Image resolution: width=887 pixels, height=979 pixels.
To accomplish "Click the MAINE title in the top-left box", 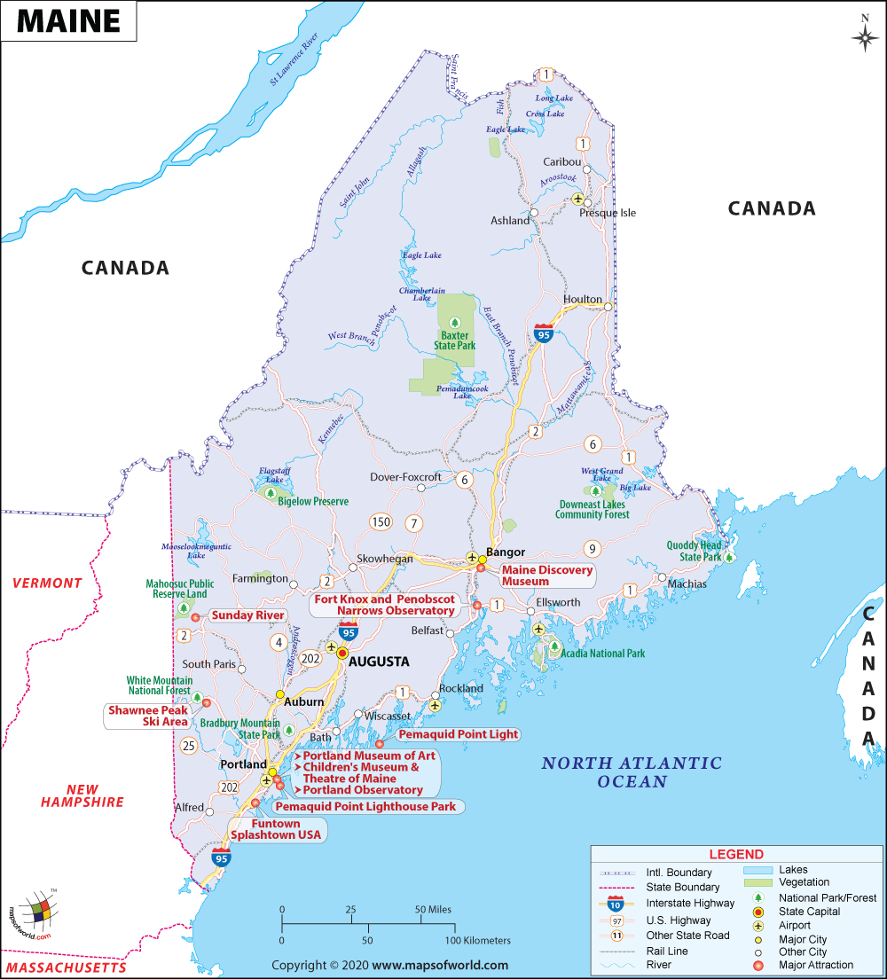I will (x=68, y=21).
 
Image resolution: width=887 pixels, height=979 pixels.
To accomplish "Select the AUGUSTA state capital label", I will (x=379, y=662).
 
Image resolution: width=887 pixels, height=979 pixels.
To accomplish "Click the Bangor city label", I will (x=506, y=552).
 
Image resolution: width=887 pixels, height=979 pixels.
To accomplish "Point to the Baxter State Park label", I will (x=455, y=341).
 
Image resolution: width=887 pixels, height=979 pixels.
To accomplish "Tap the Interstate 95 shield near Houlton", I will (x=544, y=333).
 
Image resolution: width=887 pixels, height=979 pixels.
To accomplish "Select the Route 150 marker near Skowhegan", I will (x=381, y=521).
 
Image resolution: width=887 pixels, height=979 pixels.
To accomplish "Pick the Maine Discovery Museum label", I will (x=546, y=576).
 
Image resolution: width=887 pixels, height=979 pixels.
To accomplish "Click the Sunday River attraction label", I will (x=247, y=615).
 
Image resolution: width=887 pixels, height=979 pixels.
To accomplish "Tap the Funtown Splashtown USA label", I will (x=278, y=830).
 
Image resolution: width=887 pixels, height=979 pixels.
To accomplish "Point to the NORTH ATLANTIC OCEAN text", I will (x=632, y=772).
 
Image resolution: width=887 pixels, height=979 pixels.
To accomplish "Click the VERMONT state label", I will (x=47, y=583).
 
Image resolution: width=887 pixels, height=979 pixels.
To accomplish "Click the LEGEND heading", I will (x=735, y=854).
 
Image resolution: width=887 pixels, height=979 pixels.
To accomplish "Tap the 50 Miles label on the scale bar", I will (x=428, y=910).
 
